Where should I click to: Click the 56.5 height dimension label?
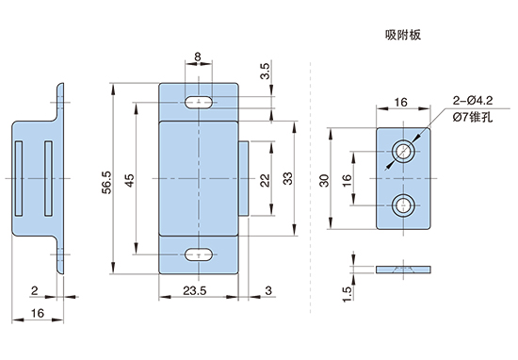[107, 182]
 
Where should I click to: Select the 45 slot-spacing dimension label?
[130, 181]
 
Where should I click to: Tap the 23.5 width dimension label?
[195, 290]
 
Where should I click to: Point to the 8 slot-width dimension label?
[198, 57]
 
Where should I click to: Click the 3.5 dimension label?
[265, 71]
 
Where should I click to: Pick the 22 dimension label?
[265, 181]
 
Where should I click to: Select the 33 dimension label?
[288, 178]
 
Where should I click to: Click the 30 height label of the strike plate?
[324, 181]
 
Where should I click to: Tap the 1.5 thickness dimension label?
[347, 294]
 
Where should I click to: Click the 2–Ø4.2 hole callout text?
[473, 100]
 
